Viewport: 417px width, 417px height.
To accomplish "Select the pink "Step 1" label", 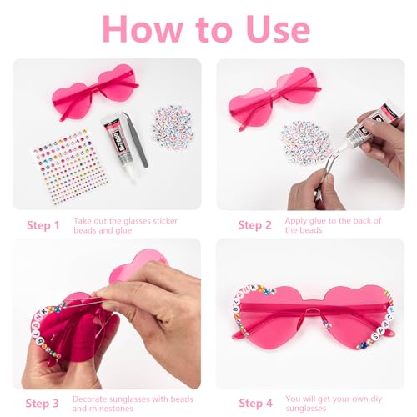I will coord(43,225).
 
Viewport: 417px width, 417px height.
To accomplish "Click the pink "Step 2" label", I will coord(255,225).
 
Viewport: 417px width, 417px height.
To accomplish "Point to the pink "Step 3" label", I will coord(43,404).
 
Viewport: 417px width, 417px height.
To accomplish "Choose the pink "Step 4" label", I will coord(255,404).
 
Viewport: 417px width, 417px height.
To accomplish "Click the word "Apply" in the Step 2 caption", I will coord(299,220).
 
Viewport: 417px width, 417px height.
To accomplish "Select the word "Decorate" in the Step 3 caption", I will coord(92,399).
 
